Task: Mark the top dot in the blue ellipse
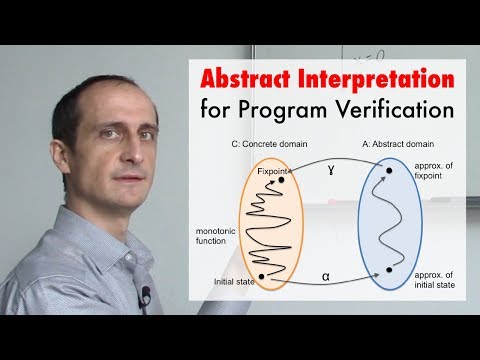pos(388,171)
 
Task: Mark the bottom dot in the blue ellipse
pos(388,270)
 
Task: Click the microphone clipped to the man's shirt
pos(145,295)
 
